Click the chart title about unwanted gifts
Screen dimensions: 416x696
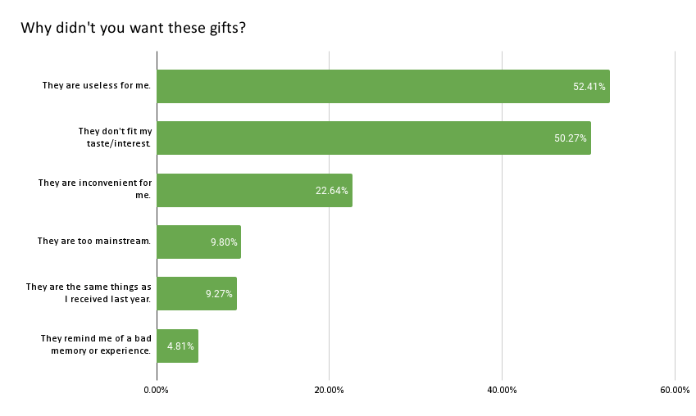pyautogui.click(x=134, y=28)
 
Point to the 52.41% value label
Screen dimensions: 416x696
pyautogui.click(x=589, y=86)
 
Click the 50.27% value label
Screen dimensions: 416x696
pyautogui.click(x=570, y=138)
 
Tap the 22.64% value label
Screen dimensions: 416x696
pyautogui.click(x=331, y=190)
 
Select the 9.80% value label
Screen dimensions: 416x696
pyautogui.click(x=223, y=242)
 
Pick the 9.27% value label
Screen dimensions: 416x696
pyautogui.click(x=219, y=294)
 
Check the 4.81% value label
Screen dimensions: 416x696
pyautogui.click(x=180, y=346)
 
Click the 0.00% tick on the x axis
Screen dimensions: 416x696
pyautogui.click(x=156, y=390)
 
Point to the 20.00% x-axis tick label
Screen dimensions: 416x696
pyautogui.click(x=329, y=390)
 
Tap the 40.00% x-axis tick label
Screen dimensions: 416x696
pyautogui.click(x=502, y=390)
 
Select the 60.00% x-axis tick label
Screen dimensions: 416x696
pyautogui.click(x=674, y=390)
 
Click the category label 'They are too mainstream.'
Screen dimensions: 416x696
pyautogui.click(x=93, y=242)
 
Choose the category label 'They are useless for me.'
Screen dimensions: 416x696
pyautogui.click(x=96, y=86)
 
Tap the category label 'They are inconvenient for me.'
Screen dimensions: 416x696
pyautogui.click(x=94, y=189)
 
